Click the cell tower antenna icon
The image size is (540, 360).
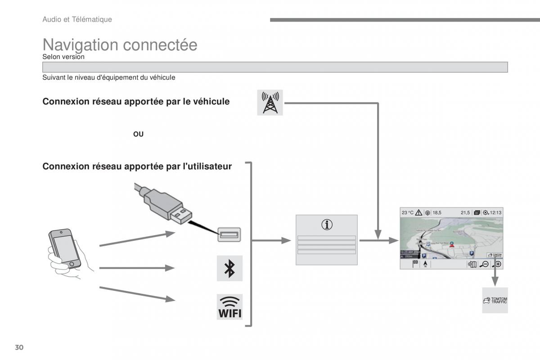270,103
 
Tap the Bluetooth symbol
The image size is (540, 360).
229,268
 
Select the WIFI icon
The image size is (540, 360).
229,307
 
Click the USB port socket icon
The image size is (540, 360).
229,234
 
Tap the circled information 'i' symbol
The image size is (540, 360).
327,225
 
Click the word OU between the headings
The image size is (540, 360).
138,134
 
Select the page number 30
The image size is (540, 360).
19,347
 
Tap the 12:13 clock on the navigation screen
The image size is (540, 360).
495,212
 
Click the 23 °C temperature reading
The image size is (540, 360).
408,212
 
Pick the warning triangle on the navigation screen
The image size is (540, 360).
418,212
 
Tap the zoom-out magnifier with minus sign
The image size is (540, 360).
484,265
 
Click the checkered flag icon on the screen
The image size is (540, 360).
415,264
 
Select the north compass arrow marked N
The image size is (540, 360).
424,265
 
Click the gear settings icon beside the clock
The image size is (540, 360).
486,212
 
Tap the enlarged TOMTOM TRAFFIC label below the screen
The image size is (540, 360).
495,301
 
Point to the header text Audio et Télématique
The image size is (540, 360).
77,19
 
